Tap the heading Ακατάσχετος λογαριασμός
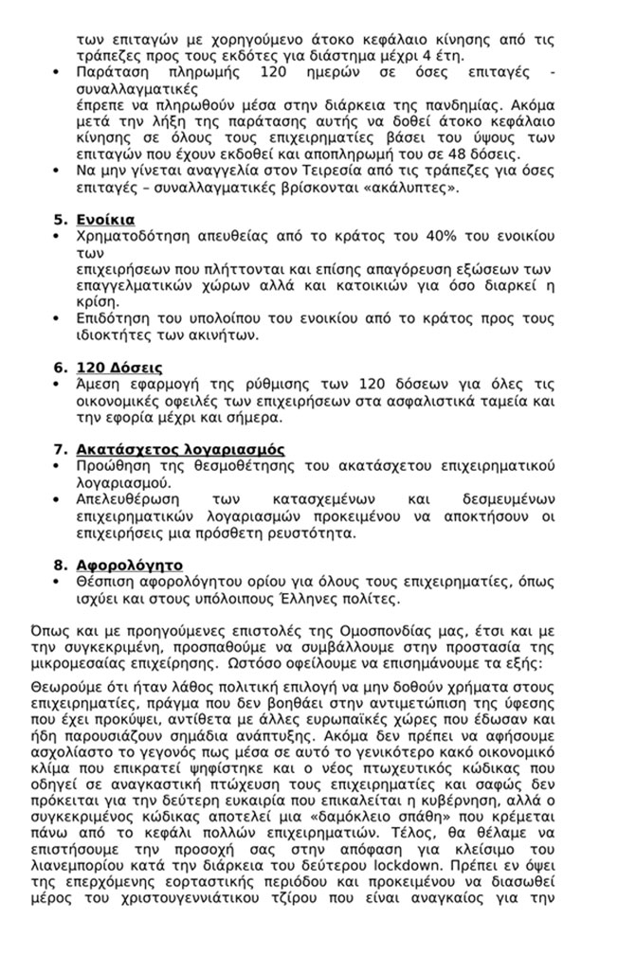pyautogui.click(x=180, y=449)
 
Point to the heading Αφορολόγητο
pyautogui.click(x=129, y=565)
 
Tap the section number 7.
pyautogui.click(x=58, y=449)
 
